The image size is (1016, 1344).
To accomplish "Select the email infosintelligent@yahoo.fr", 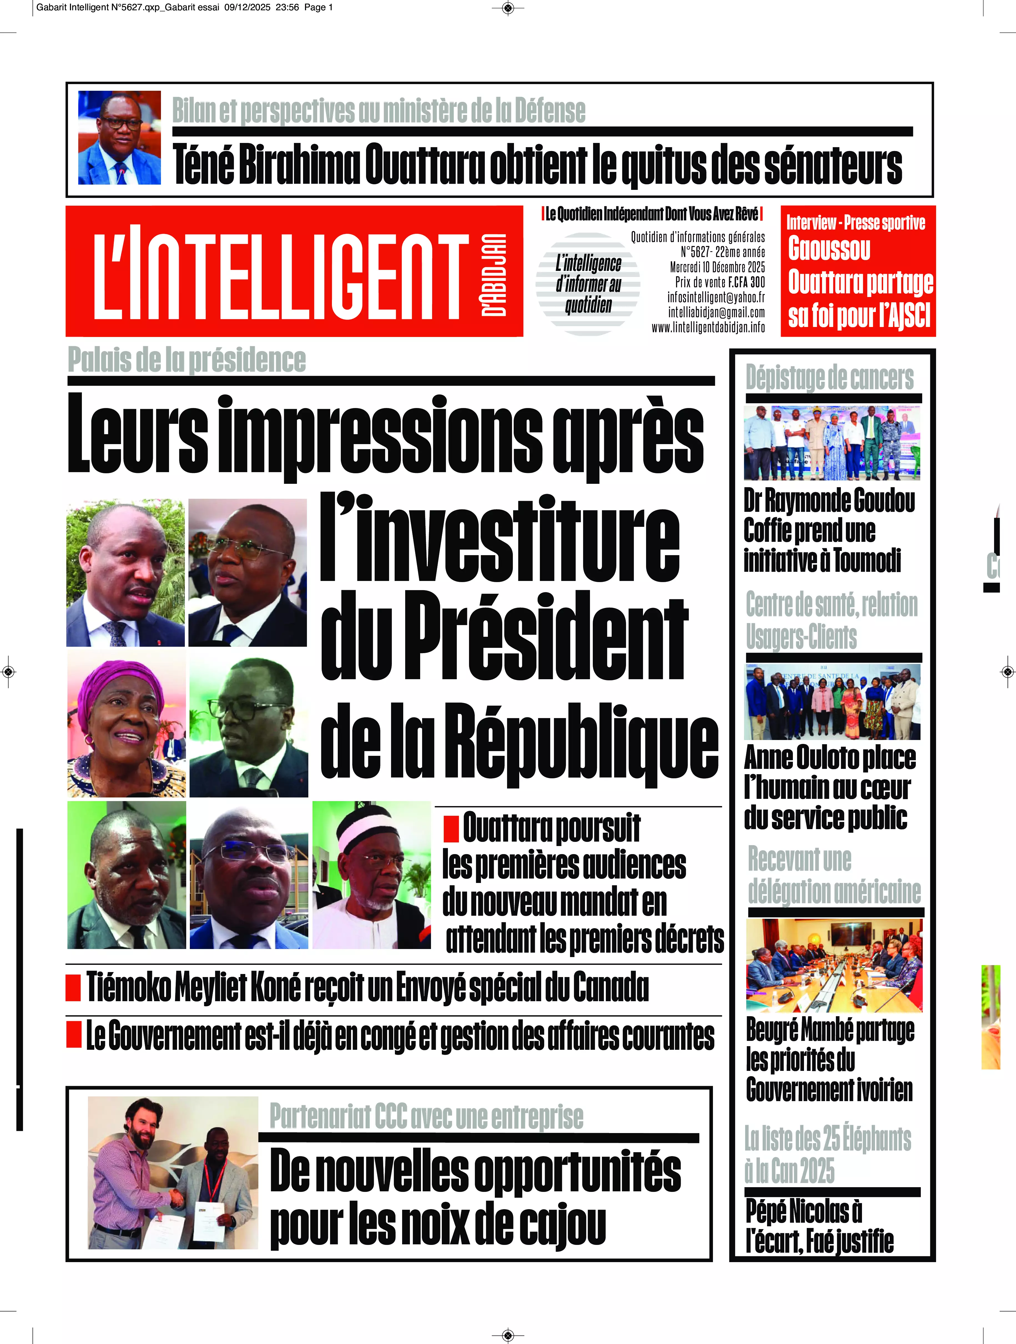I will tap(716, 297).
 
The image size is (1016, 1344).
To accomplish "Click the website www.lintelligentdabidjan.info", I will tap(708, 328).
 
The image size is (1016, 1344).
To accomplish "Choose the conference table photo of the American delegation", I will tap(834, 965).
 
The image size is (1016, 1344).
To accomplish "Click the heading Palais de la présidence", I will tap(186, 360).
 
